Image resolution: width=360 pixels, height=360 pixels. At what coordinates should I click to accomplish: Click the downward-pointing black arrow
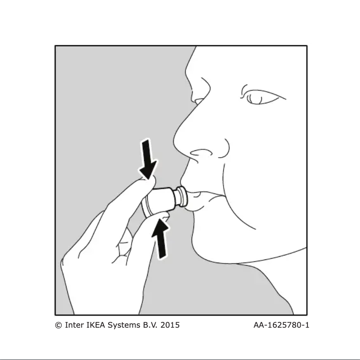coord(148,159)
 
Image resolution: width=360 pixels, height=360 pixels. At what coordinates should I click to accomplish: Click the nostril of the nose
coord(201,153)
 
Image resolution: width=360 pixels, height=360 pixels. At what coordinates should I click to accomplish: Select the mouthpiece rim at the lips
coord(183,196)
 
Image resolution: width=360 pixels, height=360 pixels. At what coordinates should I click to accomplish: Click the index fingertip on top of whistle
coord(149,181)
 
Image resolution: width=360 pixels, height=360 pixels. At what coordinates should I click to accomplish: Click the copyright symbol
coord(58,325)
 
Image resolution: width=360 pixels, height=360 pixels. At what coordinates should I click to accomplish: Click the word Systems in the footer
coord(124,325)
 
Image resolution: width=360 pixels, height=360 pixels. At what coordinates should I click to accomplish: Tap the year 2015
coord(170,325)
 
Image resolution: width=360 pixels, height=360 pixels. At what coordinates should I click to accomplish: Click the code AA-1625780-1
coord(281,325)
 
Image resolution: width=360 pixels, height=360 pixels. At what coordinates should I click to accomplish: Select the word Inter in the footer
coord(75,325)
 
